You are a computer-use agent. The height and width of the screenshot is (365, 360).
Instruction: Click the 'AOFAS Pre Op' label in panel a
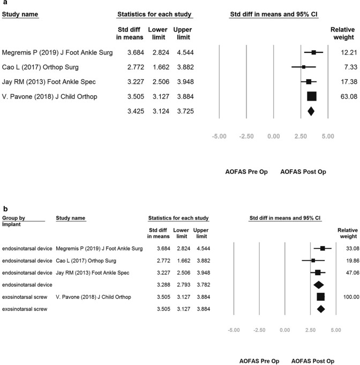pyautogui.click(x=246, y=172)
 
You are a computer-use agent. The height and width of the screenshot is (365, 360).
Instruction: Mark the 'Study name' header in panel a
pyautogui.click(x=20, y=12)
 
